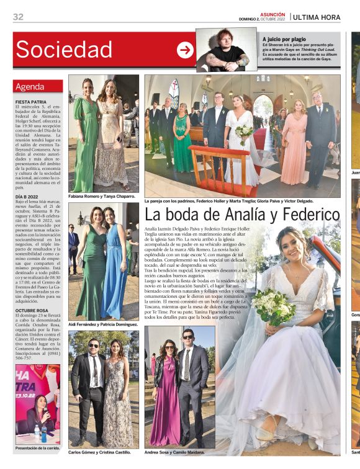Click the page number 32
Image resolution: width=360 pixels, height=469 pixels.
(18, 17)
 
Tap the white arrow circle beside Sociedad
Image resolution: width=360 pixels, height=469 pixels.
(185, 50)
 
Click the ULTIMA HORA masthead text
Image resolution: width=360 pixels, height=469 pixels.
(317, 17)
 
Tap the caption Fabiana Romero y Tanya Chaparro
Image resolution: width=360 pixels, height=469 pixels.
(102, 195)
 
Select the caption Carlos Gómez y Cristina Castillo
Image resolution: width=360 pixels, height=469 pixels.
(99, 452)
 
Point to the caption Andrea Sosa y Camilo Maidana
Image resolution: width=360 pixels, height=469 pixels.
(174, 452)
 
